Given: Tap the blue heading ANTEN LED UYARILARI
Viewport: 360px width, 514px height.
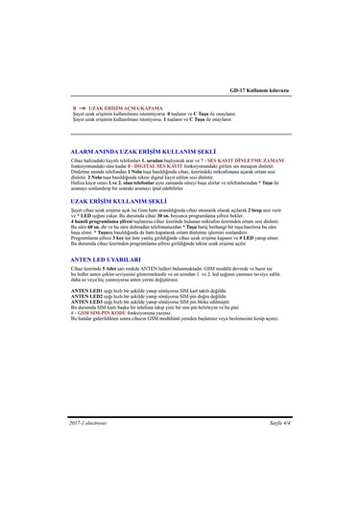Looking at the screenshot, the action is pos(98,259).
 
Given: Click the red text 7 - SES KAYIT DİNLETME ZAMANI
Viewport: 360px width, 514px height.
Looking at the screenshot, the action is pos(259,159).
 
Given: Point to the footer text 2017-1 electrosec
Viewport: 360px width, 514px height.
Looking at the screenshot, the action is pos(86,423).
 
